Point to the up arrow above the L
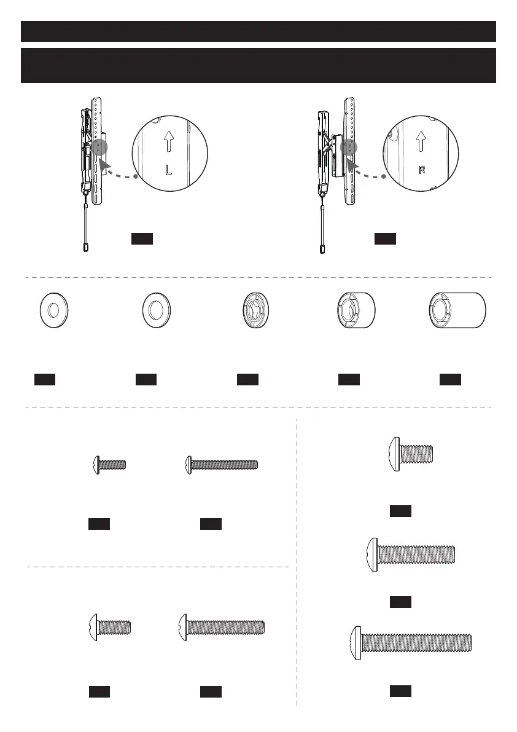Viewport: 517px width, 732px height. (x=168, y=143)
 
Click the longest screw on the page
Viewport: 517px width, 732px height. (x=411, y=643)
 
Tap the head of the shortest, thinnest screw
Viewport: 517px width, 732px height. (x=96, y=465)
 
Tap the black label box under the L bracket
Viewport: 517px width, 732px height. (x=142, y=238)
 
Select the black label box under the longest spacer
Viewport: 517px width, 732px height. (x=450, y=379)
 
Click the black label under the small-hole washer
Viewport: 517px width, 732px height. (x=45, y=379)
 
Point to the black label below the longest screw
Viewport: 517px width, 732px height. (x=400, y=691)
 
